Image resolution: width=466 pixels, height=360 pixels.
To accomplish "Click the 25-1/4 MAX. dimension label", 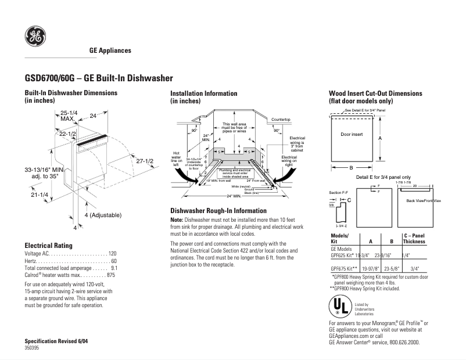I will click(x=69, y=116).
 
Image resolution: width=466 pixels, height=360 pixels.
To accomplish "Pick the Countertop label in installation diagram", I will click(x=281, y=119).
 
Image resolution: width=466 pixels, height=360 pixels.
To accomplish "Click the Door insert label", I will click(x=351, y=134).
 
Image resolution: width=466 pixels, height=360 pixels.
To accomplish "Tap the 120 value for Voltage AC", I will click(x=113, y=254).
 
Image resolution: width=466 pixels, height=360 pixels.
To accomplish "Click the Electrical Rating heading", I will click(x=48, y=246).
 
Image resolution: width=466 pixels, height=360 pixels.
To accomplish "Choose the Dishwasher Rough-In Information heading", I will click(x=218, y=210).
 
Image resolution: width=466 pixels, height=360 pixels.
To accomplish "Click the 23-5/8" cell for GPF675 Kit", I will click(x=392, y=269).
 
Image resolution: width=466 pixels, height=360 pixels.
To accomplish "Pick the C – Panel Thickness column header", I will click(x=415, y=238).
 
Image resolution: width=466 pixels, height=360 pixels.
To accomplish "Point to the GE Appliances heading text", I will click(x=110, y=51).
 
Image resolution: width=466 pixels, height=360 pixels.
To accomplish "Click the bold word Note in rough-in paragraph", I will click(x=176, y=220).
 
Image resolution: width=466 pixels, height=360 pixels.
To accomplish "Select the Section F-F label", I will click(x=338, y=192).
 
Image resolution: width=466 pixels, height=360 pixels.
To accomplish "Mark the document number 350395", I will click(x=32, y=347).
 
